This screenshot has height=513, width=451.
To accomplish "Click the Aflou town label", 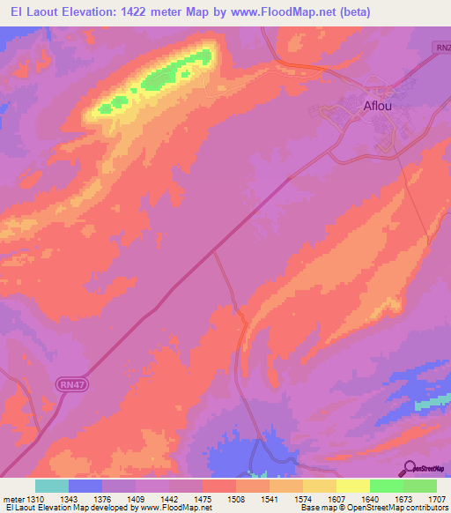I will (378, 108).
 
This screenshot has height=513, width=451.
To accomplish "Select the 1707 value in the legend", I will (438, 498).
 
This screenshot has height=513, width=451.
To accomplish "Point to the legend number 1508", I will (236, 498).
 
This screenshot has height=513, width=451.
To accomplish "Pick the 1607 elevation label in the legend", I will (336, 498).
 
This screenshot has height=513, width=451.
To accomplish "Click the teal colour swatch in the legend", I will (52, 486).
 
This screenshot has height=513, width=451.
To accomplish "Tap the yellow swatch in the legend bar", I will (352, 486).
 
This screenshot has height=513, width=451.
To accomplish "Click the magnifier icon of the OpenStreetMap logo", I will (409, 467).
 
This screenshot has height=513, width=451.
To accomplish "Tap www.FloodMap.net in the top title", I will (279, 12).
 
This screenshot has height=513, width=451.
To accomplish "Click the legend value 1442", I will (169, 498).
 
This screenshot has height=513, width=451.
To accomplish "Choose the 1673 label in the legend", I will (404, 498).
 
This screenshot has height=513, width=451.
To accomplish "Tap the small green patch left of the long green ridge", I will (107, 108).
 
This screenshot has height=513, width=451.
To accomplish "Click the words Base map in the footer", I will (314, 508).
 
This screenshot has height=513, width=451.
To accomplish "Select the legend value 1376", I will (102, 498).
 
